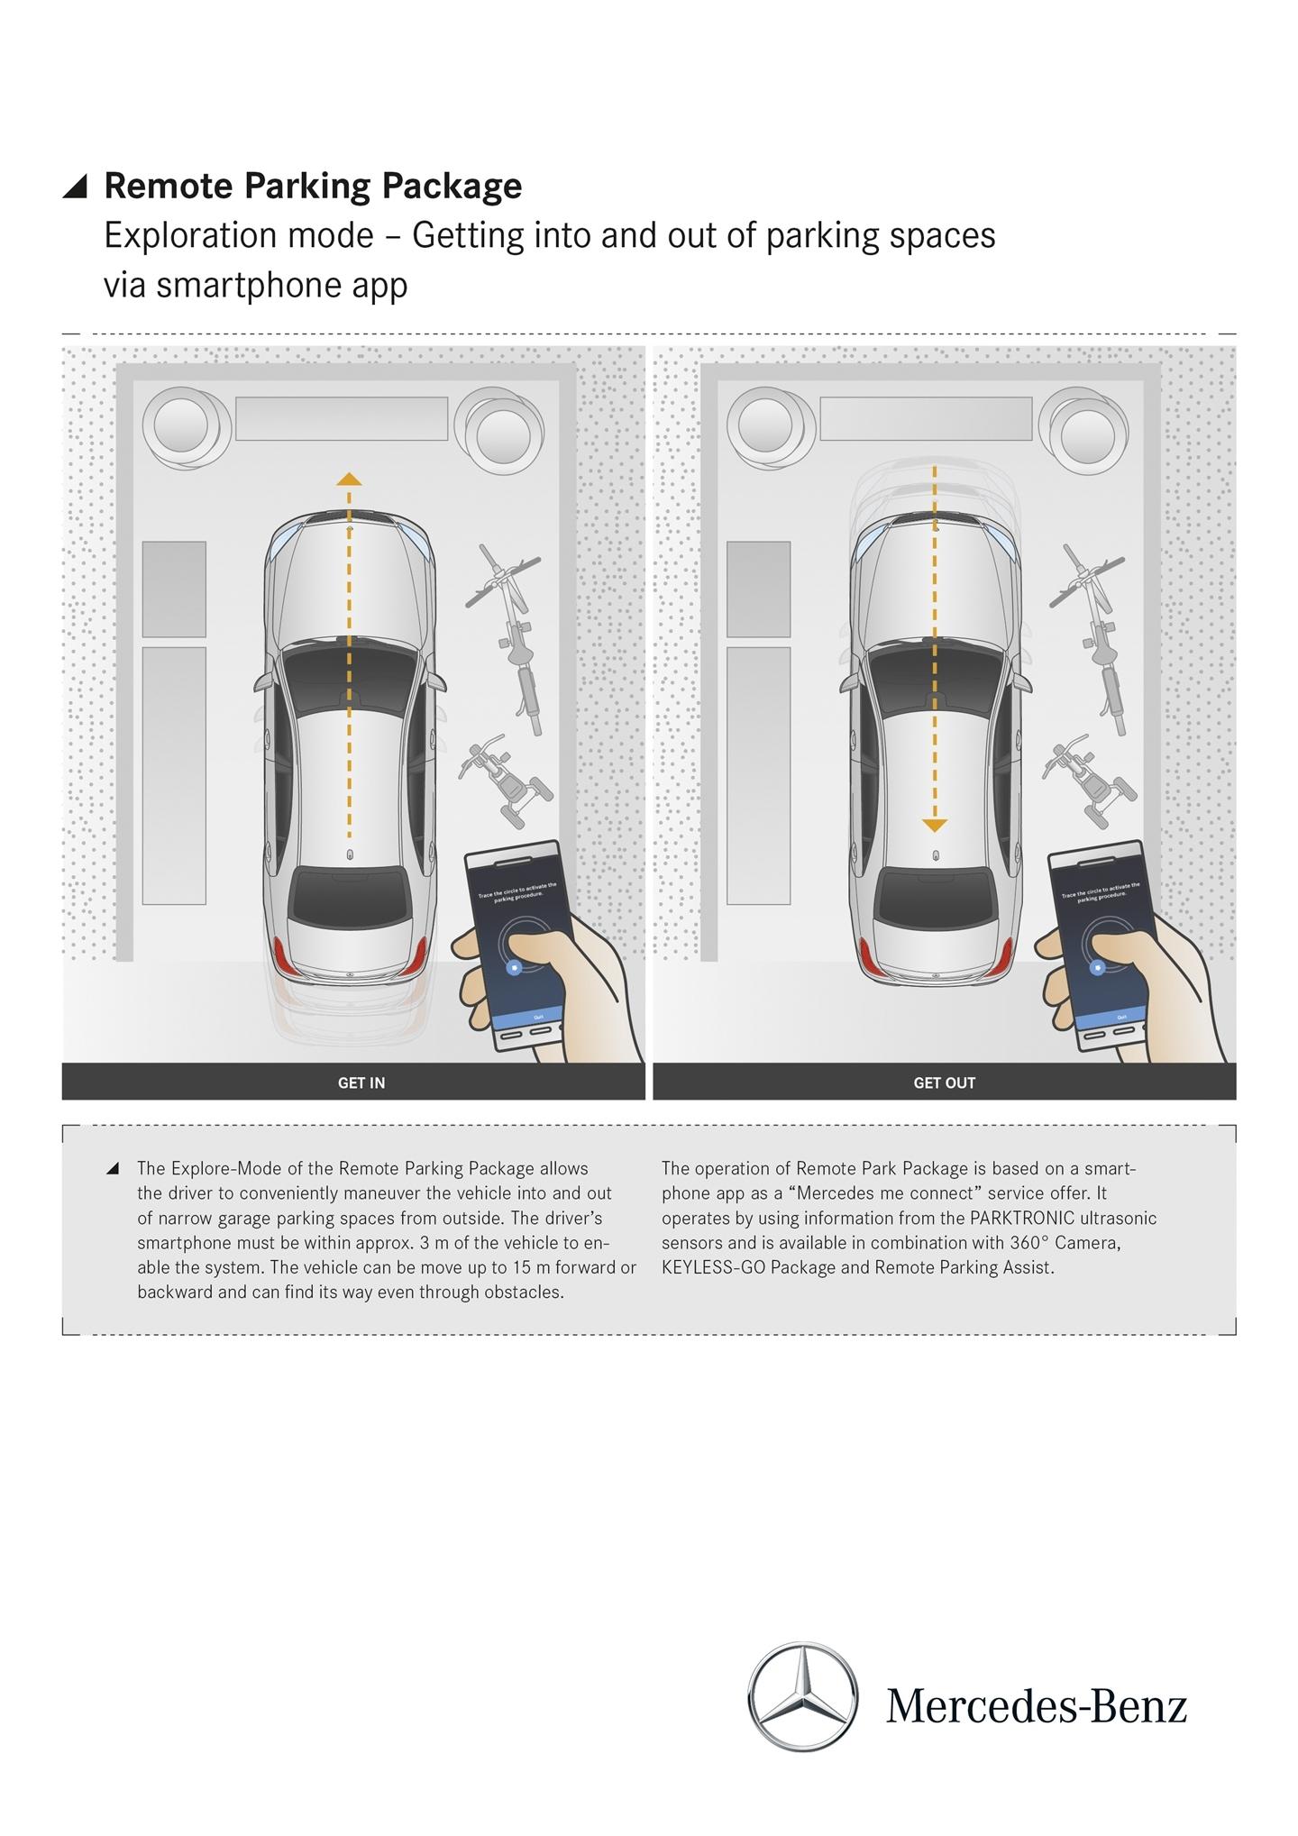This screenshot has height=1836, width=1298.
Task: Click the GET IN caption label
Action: tap(361, 1082)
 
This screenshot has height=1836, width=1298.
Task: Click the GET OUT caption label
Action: tap(944, 1082)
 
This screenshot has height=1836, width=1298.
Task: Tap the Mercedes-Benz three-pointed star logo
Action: tap(802, 1697)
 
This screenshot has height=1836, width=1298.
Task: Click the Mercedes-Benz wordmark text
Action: tap(1037, 1705)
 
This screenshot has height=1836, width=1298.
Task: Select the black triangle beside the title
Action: tap(76, 186)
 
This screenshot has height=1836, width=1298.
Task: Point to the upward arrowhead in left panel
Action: tap(349, 480)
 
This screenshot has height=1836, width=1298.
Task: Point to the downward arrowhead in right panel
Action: tap(935, 825)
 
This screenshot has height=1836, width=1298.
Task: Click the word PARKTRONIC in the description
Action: tap(1021, 1219)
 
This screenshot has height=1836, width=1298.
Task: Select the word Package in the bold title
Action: tap(452, 186)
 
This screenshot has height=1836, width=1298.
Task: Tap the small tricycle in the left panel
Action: tap(505, 781)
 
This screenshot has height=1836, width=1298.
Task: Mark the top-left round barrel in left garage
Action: tap(181, 425)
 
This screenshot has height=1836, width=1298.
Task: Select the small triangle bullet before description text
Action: tap(113, 1169)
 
